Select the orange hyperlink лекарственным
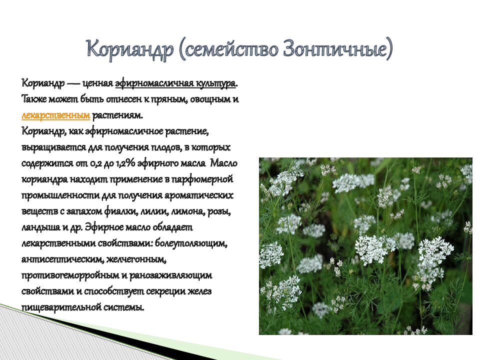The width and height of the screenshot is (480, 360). tap(55, 115)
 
